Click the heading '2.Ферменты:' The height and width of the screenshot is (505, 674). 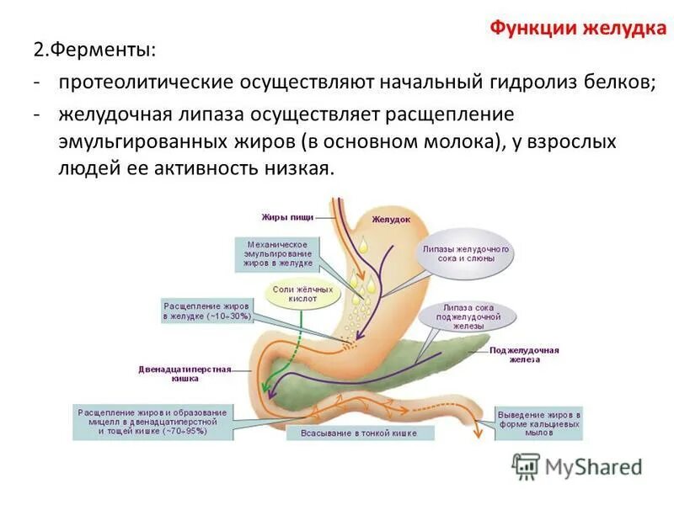94,51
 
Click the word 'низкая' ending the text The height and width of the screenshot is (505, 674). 295,167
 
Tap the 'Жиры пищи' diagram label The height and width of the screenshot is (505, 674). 286,216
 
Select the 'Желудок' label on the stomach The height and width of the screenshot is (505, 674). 391,219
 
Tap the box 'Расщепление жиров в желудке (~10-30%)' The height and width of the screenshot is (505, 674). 206,311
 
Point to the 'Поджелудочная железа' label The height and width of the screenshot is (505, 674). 524,353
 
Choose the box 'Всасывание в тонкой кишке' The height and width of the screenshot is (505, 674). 361,433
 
